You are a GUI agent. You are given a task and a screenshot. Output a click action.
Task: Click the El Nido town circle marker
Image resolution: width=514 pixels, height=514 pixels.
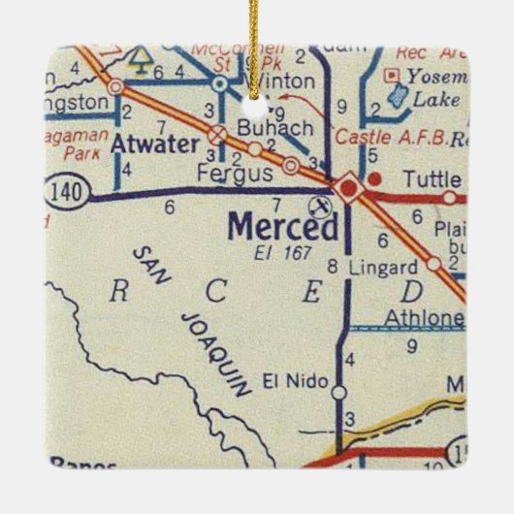pos(338,393)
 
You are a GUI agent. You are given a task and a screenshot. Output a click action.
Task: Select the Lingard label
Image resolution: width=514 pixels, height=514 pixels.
pos(384,266)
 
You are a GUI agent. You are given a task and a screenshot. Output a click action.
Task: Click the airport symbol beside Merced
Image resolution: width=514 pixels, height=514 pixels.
pos(317,205)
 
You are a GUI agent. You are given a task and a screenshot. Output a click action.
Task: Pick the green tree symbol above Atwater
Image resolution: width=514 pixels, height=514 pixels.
pos(141,61)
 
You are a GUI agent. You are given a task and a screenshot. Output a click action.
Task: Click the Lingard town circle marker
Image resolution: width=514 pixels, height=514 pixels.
pos(434,263)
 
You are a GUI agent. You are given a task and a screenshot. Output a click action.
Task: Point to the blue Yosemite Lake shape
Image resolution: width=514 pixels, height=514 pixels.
pos(397,94)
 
